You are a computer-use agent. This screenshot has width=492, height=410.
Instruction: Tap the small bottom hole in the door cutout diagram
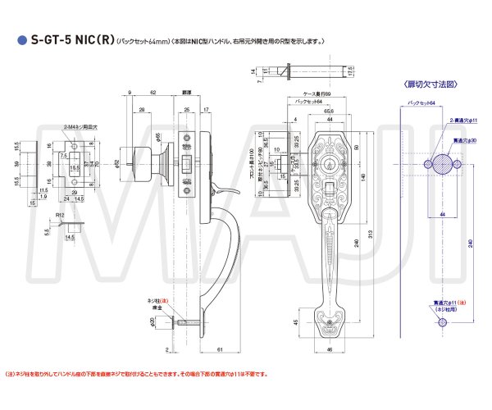pyautogui.click(x=442, y=323)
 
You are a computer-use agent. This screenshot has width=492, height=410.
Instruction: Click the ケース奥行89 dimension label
pyautogui.click(x=316, y=95)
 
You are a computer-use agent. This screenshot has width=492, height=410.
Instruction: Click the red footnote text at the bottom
pyautogui.click(x=136, y=374)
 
